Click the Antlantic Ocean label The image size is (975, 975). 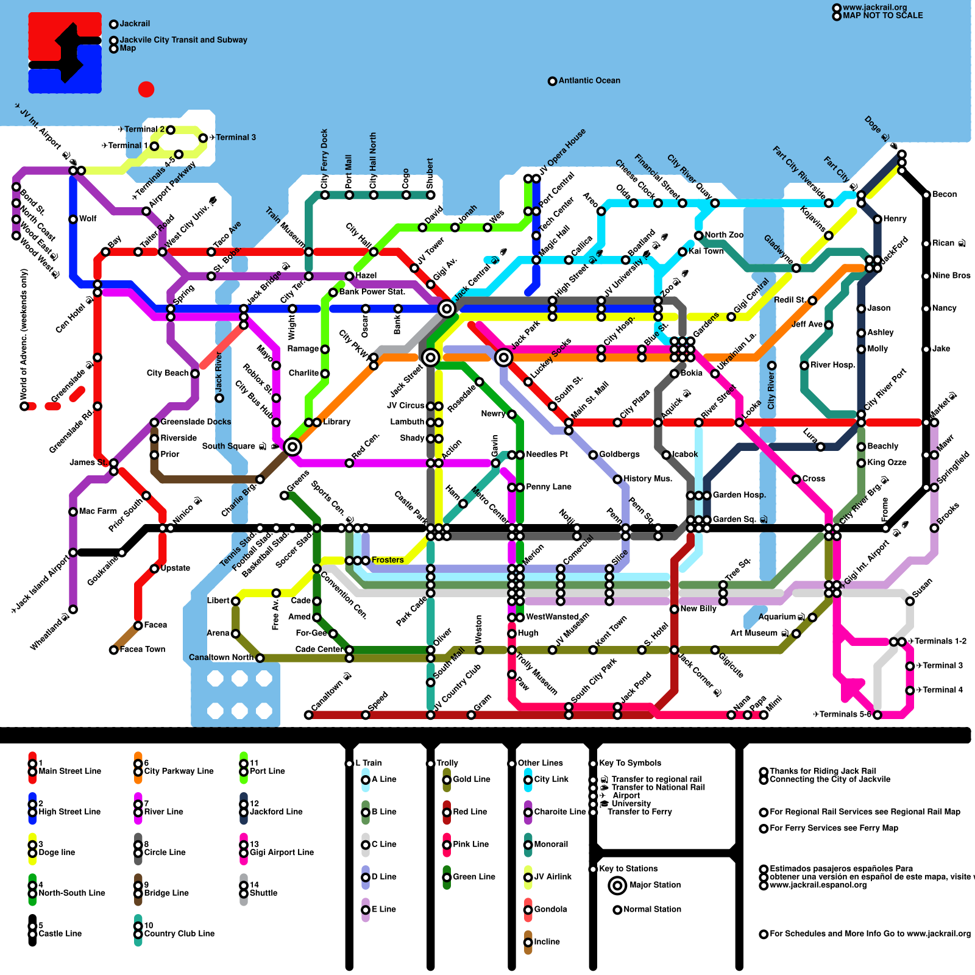pyautogui.click(x=589, y=80)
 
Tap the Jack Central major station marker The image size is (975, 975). pyautogui.click(x=447, y=309)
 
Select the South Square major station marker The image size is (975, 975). pyautogui.click(x=292, y=447)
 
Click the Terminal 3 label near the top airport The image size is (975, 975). pyautogui.click(x=235, y=137)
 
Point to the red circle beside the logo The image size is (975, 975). pyautogui.click(x=146, y=90)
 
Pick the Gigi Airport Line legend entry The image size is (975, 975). pyautogui.click(x=281, y=852)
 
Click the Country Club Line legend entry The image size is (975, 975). pyautogui.click(x=179, y=933)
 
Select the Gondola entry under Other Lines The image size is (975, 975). pyautogui.click(x=550, y=909)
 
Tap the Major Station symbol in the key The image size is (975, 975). pyautogui.click(x=617, y=885)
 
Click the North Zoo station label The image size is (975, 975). pyautogui.click(x=724, y=235)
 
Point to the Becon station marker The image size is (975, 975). pyautogui.click(x=926, y=195)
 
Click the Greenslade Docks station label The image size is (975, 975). pyautogui.click(x=196, y=422)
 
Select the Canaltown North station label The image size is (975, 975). pyautogui.click(x=221, y=657)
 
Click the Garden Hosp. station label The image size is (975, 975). pyautogui.click(x=739, y=495)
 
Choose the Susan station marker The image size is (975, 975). pyautogui.click(x=910, y=601)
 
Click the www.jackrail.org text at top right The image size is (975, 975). pyautogui.click(x=874, y=7)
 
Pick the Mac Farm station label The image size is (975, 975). pyautogui.click(x=97, y=511)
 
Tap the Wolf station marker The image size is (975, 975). pyautogui.click(x=73, y=219)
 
